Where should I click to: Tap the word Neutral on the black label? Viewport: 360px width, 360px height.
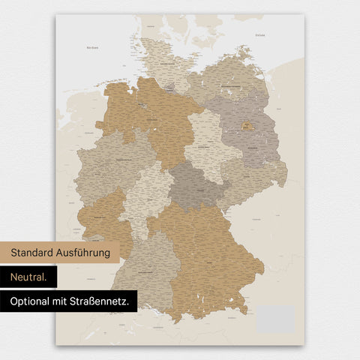[28, 277]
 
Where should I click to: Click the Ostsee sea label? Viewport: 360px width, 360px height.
[259, 34]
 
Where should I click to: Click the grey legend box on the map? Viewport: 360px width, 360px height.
[274, 319]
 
